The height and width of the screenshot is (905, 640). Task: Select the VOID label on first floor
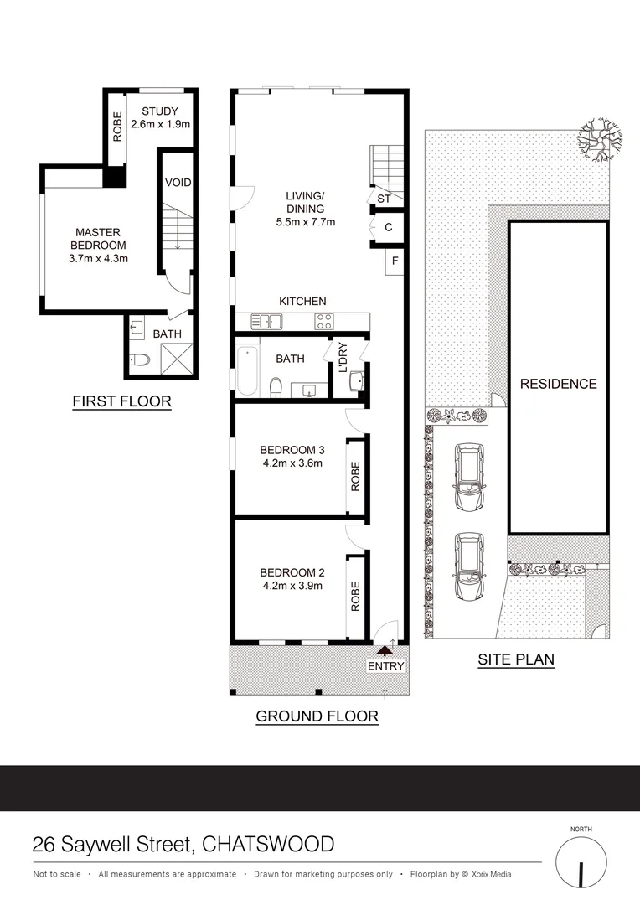(x=178, y=181)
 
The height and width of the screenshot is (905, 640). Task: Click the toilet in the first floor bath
(x=141, y=361)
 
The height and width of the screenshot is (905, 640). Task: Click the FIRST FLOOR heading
(x=121, y=402)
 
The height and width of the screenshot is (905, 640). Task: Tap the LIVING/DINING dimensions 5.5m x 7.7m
(x=306, y=222)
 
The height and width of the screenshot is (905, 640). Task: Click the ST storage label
(x=385, y=199)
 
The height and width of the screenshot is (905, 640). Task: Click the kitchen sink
(x=271, y=320)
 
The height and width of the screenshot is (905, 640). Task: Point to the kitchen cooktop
(x=323, y=320)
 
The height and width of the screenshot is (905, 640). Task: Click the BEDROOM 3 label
(x=291, y=449)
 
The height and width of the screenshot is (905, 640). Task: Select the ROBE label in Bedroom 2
(x=355, y=595)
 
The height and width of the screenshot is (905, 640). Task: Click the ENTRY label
(x=385, y=666)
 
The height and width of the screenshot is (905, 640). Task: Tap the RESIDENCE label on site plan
(x=559, y=384)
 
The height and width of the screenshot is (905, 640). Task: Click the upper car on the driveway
(x=468, y=477)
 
